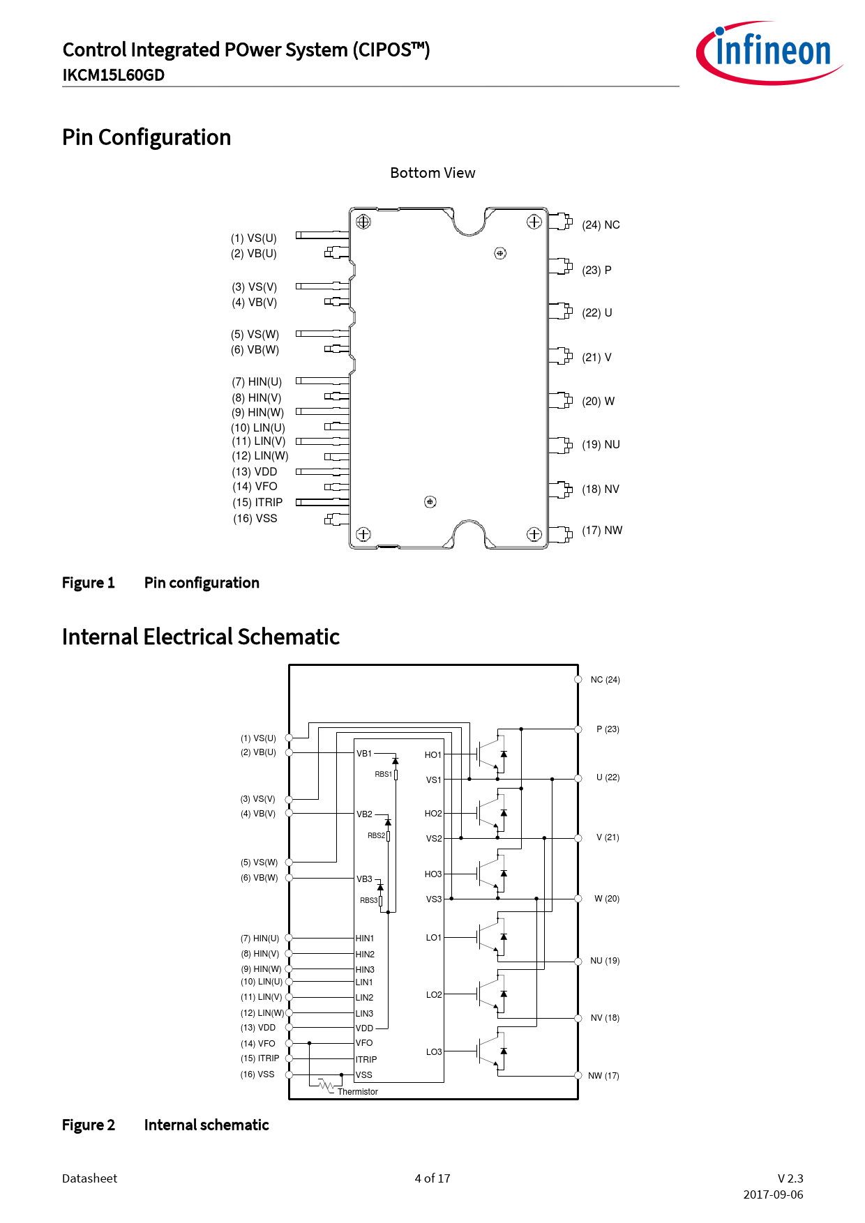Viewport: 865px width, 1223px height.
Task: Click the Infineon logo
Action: pyautogui.click(x=769, y=53)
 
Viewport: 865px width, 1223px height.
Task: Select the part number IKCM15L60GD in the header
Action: pyautogui.click(x=114, y=75)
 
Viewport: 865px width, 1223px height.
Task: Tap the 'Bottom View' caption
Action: pyautogui.click(x=433, y=173)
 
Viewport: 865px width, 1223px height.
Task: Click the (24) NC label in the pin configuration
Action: pyautogui.click(x=601, y=225)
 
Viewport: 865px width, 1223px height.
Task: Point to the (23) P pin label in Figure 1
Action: pyautogui.click(x=596, y=270)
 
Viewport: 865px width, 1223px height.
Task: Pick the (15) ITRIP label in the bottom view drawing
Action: pyautogui.click(x=257, y=502)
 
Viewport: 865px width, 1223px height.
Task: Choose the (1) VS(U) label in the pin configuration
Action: pyautogui.click(x=254, y=238)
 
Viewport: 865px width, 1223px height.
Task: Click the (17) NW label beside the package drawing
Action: pyautogui.click(x=602, y=530)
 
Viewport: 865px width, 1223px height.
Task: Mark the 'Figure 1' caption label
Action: pyautogui.click(x=89, y=583)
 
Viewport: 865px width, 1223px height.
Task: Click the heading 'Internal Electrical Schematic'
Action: pyautogui.click(x=201, y=637)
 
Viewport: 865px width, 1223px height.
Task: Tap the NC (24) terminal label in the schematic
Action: pyautogui.click(x=605, y=680)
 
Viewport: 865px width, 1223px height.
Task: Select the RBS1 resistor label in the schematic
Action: pyautogui.click(x=383, y=774)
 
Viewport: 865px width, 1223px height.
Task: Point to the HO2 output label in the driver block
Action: pyautogui.click(x=433, y=814)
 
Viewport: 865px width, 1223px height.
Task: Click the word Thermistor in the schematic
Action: pyautogui.click(x=358, y=1092)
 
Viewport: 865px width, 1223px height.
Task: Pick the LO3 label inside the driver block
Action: pyautogui.click(x=434, y=1051)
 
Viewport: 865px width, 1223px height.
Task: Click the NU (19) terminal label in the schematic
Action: pyautogui.click(x=605, y=961)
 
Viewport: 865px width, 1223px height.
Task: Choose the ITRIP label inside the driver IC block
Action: pyautogui.click(x=366, y=1059)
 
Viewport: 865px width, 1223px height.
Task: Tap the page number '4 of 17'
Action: pyautogui.click(x=433, y=1178)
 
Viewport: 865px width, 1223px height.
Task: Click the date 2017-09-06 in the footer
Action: pyautogui.click(x=773, y=1194)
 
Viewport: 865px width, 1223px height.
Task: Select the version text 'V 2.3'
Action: pyautogui.click(x=790, y=1178)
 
